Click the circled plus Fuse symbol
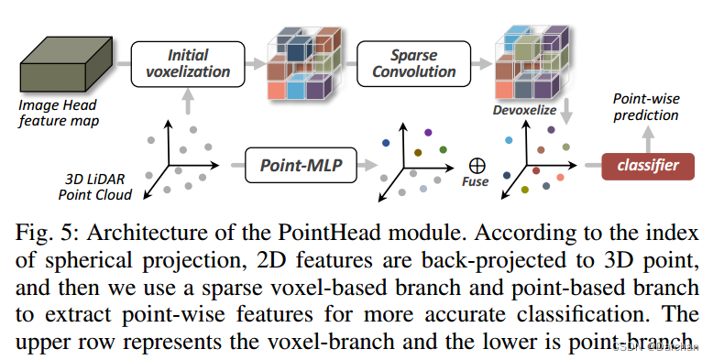tap(476, 165)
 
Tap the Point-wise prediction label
tap(645, 108)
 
